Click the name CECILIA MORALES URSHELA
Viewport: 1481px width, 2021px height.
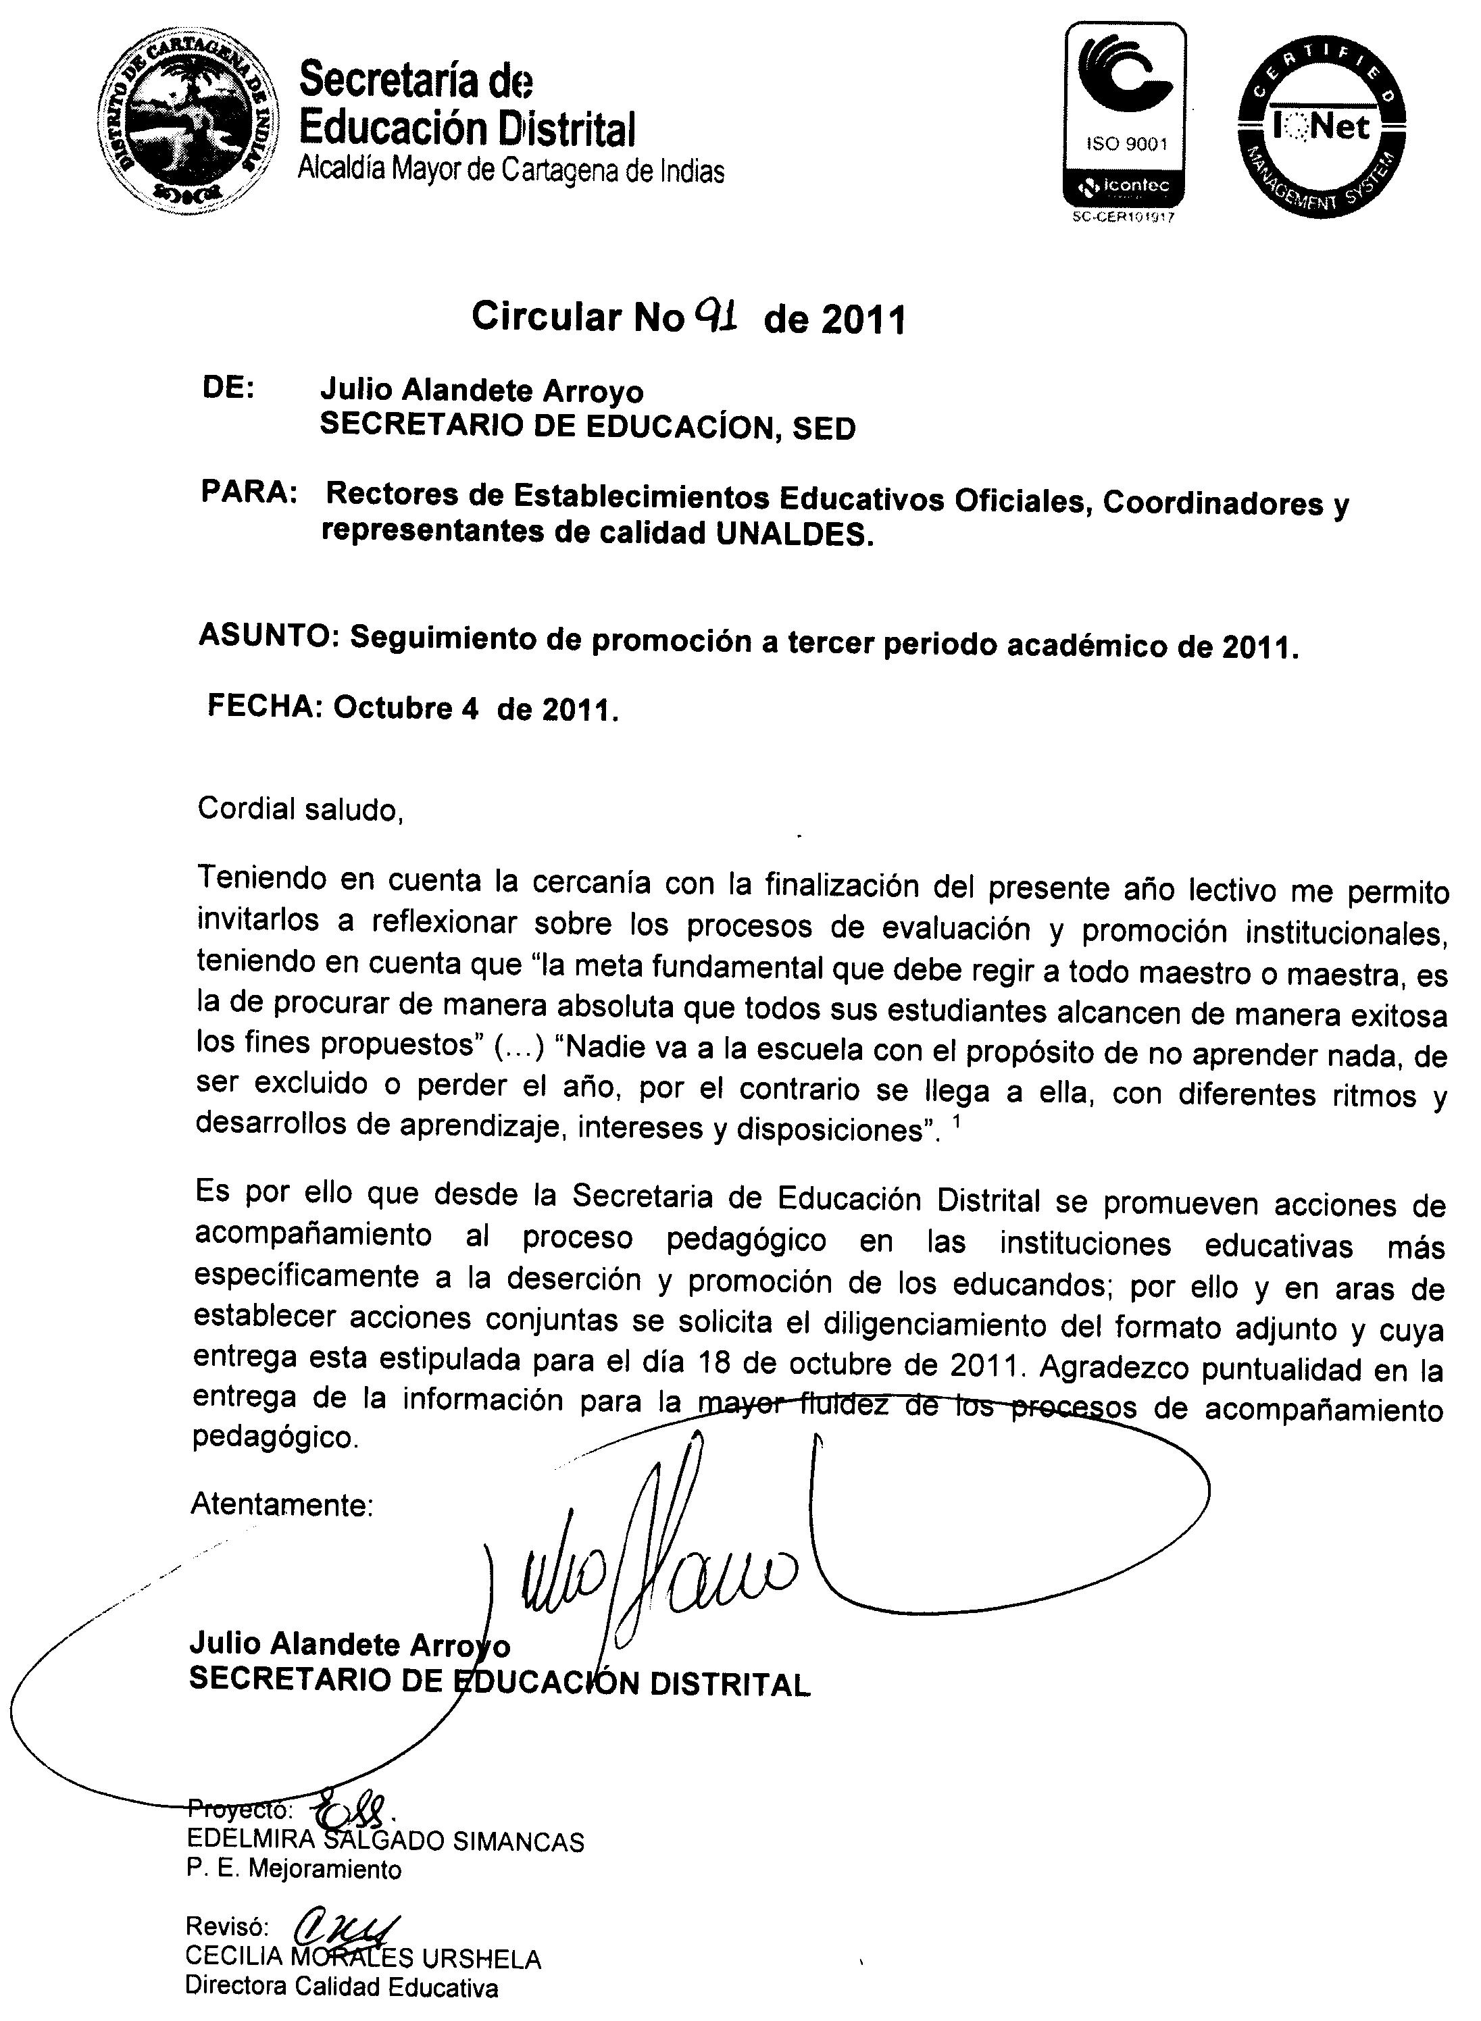(363, 1958)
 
